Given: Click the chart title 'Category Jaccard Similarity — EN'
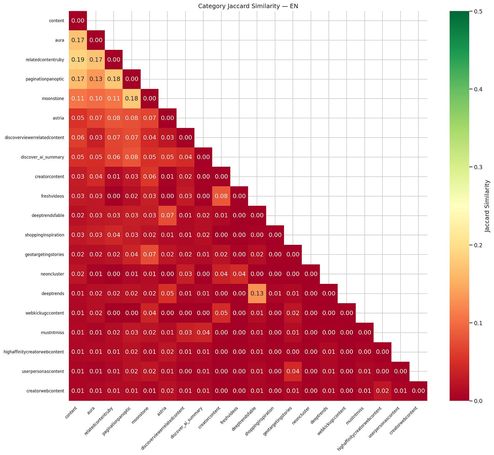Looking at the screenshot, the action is click(248, 6).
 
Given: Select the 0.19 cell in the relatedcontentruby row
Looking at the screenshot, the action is click(78, 60).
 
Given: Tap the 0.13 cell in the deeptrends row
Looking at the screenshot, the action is click(257, 294).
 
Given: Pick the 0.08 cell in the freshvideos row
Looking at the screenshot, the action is click(221, 196).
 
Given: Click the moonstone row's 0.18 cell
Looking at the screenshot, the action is click(132, 98).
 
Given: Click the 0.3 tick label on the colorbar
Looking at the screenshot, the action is click(478, 167).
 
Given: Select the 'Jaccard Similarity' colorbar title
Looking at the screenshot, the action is click(487, 206).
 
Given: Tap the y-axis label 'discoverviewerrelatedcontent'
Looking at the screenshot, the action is click(35, 138).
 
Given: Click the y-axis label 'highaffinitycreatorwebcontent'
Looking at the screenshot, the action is click(34, 352).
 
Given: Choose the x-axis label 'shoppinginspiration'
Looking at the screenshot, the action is click(260, 421).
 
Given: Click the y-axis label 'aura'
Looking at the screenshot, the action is click(60, 40).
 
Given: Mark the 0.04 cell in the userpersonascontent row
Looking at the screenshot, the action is click(293, 371).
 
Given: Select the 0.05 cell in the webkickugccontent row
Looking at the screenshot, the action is click(221, 313).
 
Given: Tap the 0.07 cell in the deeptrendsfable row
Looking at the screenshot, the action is click(168, 215).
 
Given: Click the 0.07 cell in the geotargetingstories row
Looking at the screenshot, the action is click(150, 255).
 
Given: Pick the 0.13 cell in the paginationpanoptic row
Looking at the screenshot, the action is click(96, 79).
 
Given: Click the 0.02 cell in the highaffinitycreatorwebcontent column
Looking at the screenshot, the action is click(382, 391).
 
